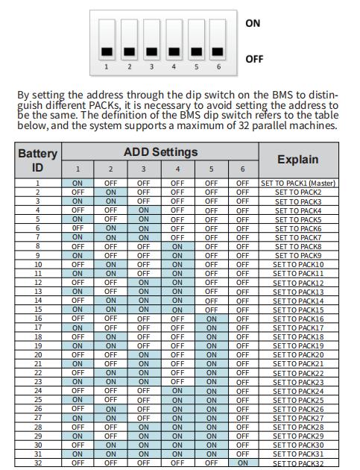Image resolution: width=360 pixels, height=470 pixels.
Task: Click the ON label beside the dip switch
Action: click(x=253, y=23)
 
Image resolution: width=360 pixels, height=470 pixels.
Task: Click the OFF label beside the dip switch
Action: click(x=255, y=58)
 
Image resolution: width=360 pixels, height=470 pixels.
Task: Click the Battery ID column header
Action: click(x=37, y=160)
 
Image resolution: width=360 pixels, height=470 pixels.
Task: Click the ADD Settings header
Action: click(x=160, y=152)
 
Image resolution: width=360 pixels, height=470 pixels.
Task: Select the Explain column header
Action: click(x=297, y=160)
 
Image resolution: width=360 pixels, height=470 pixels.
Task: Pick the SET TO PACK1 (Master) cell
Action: click(x=297, y=183)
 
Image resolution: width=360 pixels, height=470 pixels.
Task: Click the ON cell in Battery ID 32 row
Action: click(x=242, y=463)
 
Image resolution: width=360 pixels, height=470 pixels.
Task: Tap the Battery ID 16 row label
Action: click(x=37, y=318)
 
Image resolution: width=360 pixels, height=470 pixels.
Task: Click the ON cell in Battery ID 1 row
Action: click(x=78, y=183)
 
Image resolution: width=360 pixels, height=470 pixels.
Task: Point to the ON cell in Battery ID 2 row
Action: click(x=110, y=192)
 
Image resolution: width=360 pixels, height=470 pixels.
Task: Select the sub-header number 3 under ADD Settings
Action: click(x=144, y=169)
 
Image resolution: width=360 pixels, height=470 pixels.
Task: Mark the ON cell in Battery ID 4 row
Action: click(x=144, y=210)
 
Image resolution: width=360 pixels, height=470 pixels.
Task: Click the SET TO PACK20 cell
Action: click(x=297, y=354)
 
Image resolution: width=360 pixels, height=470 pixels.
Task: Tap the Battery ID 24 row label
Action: click(x=37, y=390)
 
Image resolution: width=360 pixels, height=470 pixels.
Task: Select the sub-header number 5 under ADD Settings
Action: click(x=211, y=169)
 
